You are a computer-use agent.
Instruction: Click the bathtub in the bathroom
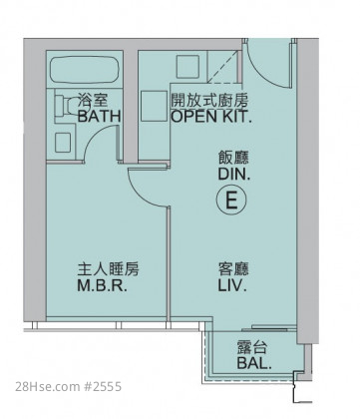84,70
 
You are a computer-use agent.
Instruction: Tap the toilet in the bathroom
66,106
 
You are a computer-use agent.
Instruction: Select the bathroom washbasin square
63,143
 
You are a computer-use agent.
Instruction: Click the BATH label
99,116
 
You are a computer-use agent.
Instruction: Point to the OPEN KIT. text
211,116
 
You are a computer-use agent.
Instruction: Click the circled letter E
231,201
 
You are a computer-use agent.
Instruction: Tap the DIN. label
234,174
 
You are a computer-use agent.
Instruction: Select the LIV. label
232,285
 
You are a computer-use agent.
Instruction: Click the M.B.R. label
103,285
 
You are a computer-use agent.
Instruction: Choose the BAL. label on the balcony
254,363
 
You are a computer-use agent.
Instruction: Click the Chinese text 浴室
93,100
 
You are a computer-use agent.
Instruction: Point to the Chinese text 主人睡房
109,269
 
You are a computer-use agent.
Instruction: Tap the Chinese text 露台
252,348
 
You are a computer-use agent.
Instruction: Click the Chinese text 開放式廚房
209,100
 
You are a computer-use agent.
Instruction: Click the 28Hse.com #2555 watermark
69,387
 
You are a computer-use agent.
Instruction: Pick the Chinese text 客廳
233,269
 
